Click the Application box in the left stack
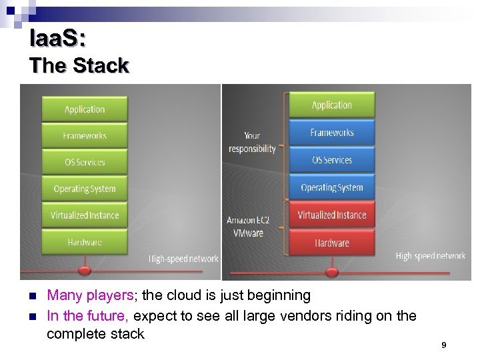pos(84,109)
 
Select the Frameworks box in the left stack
pos(84,136)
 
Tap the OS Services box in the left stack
pos(84,162)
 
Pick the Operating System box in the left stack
pos(84,189)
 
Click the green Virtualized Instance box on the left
pos(84,215)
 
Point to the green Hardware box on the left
pos(84,242)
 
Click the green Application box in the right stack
pos(331,105)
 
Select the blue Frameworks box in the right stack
pos(331,133)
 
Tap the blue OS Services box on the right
pos(331,160)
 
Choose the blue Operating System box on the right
pos(331,187)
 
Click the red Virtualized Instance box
pos(331,215)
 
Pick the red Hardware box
pos(331,243)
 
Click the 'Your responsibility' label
pos(252,143)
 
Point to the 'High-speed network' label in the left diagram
pos(183,259)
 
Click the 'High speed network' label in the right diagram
pos(430,256)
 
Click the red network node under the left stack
pos(84,271)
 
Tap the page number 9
pos(443,345)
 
